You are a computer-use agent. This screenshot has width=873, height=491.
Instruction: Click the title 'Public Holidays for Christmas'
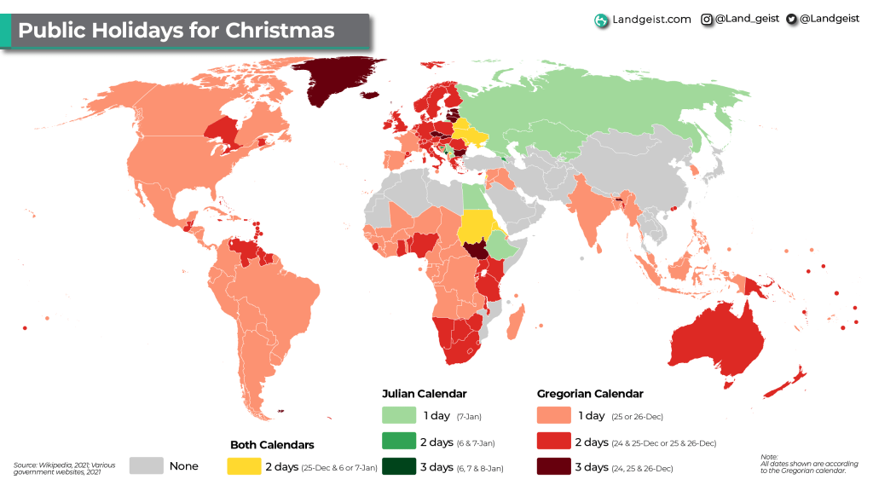pos(176,31)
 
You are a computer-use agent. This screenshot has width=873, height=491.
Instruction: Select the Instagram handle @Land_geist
pos(740,19)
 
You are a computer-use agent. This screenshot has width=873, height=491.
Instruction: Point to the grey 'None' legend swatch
pos(146,465)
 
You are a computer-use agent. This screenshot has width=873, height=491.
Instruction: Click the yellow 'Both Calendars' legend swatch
pos(243,466)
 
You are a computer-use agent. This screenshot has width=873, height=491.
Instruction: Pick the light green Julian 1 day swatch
pos(396,416)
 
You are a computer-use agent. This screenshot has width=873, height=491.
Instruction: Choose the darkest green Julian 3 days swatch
pos(396,466)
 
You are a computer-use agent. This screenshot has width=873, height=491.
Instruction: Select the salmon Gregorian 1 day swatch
pos(553,416)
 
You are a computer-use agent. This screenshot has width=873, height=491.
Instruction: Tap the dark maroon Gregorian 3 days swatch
pos(553,466)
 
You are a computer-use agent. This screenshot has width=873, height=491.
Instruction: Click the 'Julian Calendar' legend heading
pos(424,394)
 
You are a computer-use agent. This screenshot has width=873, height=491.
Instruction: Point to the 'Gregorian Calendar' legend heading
pos(590,394)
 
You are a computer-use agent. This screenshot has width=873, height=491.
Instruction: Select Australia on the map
pos(716,341)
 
